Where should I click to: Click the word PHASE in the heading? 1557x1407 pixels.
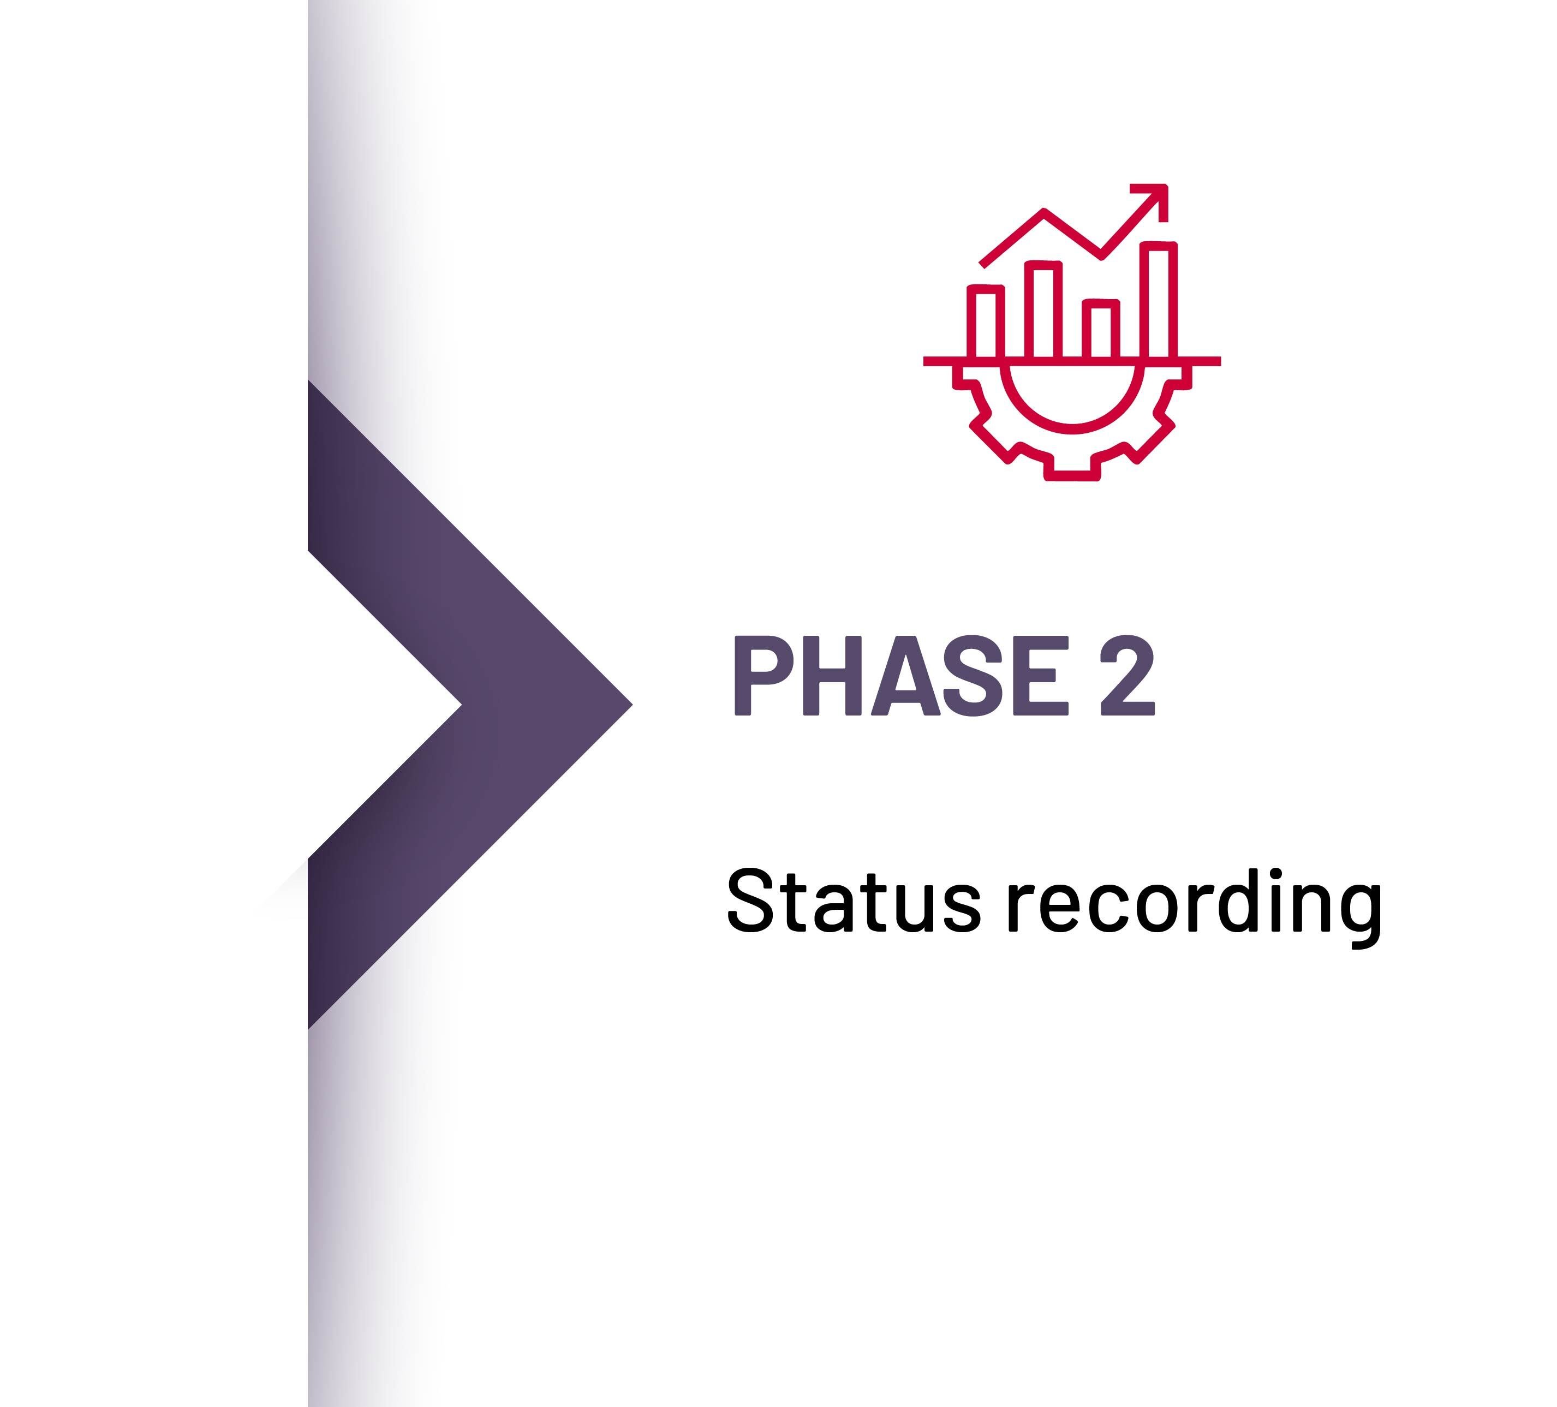[x=900, y=676]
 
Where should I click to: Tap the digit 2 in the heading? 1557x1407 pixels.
[x=1127, y=676]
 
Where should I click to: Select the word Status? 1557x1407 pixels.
[x=854, y=901]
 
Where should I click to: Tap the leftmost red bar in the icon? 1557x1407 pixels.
[x=986, y=321]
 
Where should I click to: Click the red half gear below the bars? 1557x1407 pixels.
[x=1071, y=432]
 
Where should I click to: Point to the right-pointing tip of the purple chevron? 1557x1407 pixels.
[x=629, y=704]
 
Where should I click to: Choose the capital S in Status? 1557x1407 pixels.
[x=750, y=901]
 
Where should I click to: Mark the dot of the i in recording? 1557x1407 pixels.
[x=1275, y=874]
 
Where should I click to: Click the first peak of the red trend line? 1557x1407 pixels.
[x=1043, y=210]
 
